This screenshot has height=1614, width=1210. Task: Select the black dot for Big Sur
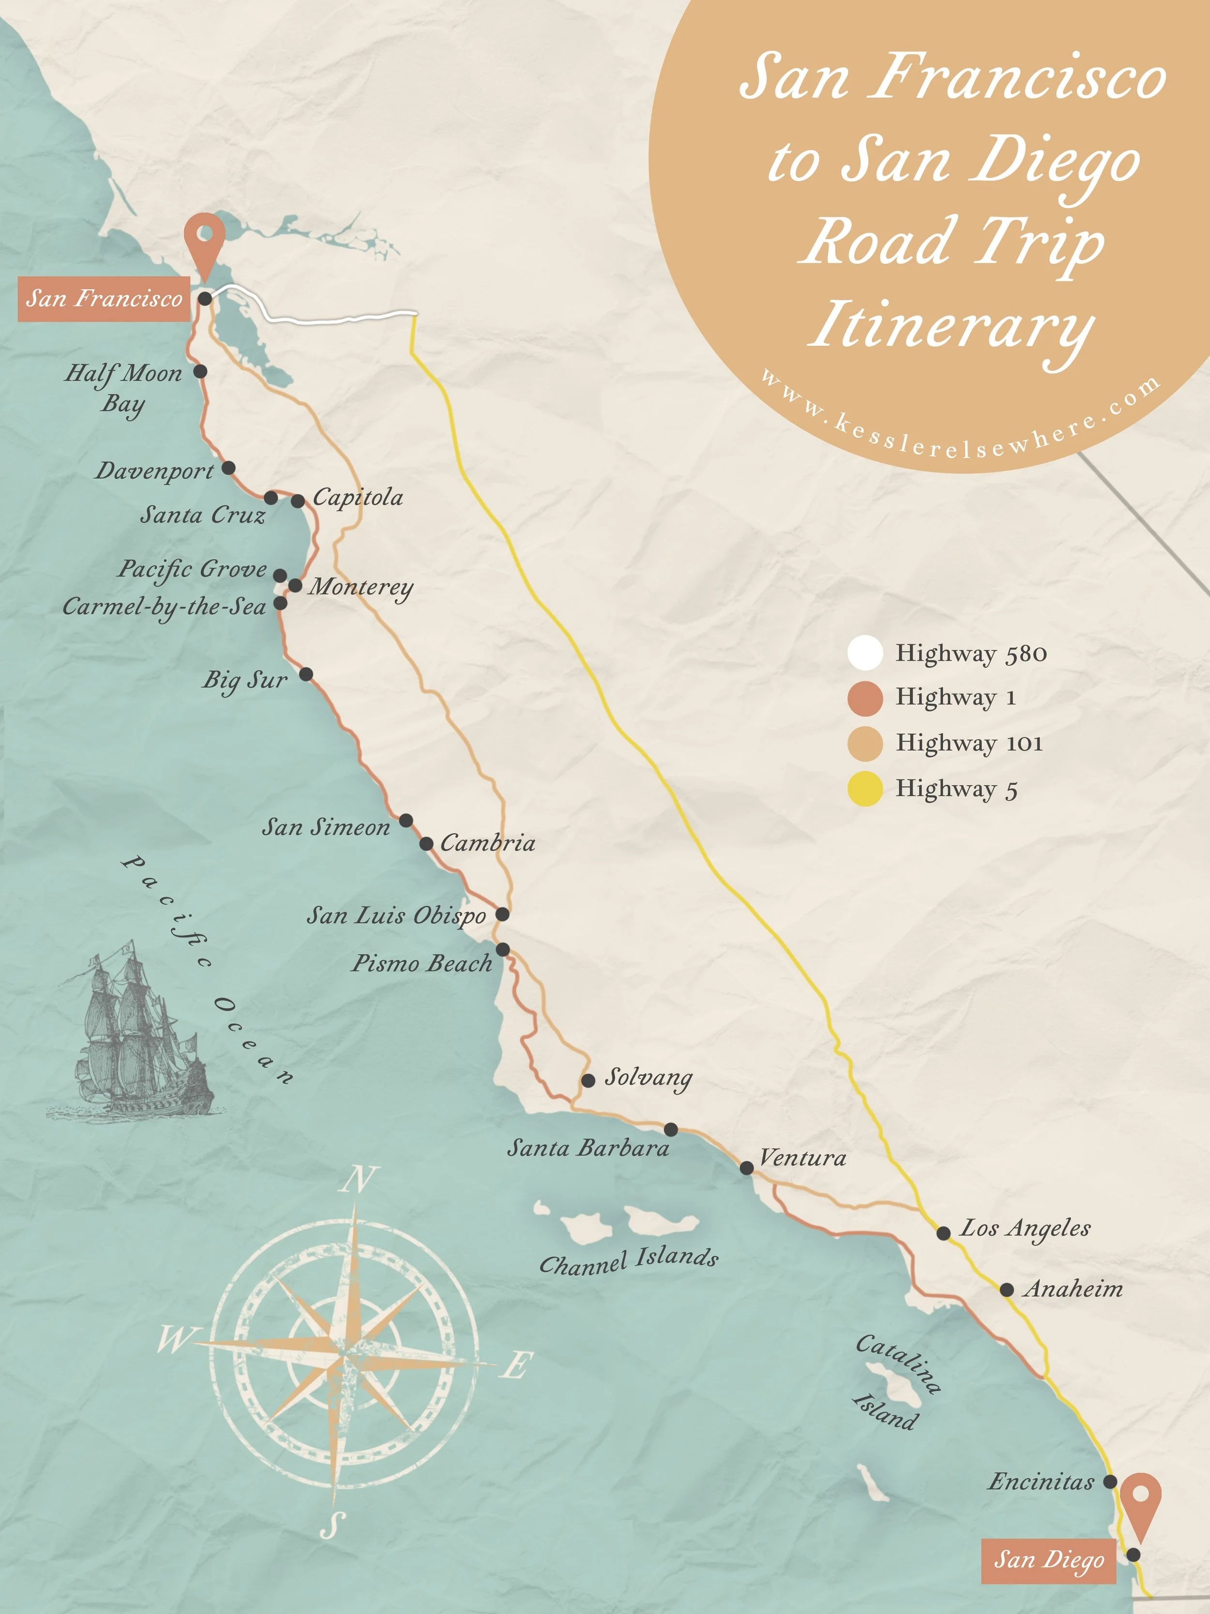pos(306,674)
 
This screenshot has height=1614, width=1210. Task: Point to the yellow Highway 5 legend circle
pos(865,789)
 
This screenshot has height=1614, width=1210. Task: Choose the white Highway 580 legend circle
pos(865,653)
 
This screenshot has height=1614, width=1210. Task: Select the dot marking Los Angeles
pos(943,1233)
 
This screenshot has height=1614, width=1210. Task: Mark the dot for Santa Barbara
pos(670,1129)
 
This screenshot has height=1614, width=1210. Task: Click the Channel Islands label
pos(629,1261)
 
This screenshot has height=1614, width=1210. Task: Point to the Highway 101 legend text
pos(968,743)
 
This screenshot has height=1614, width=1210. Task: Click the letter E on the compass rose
pos(516,1365)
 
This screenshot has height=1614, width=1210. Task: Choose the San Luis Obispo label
pos(396,915)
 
